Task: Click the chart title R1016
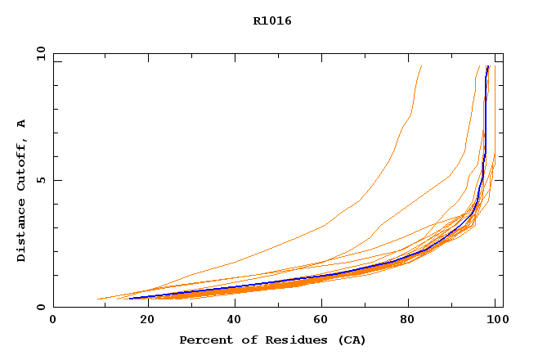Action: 272,21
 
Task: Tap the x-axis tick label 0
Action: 53,321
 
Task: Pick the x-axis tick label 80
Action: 408,321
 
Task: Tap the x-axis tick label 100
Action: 496,321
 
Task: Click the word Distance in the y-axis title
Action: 22,231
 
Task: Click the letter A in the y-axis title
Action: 22,123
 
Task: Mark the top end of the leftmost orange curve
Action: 421,66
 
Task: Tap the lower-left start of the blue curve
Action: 129,298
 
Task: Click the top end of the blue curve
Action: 487,66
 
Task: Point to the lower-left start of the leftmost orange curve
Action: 98,299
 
